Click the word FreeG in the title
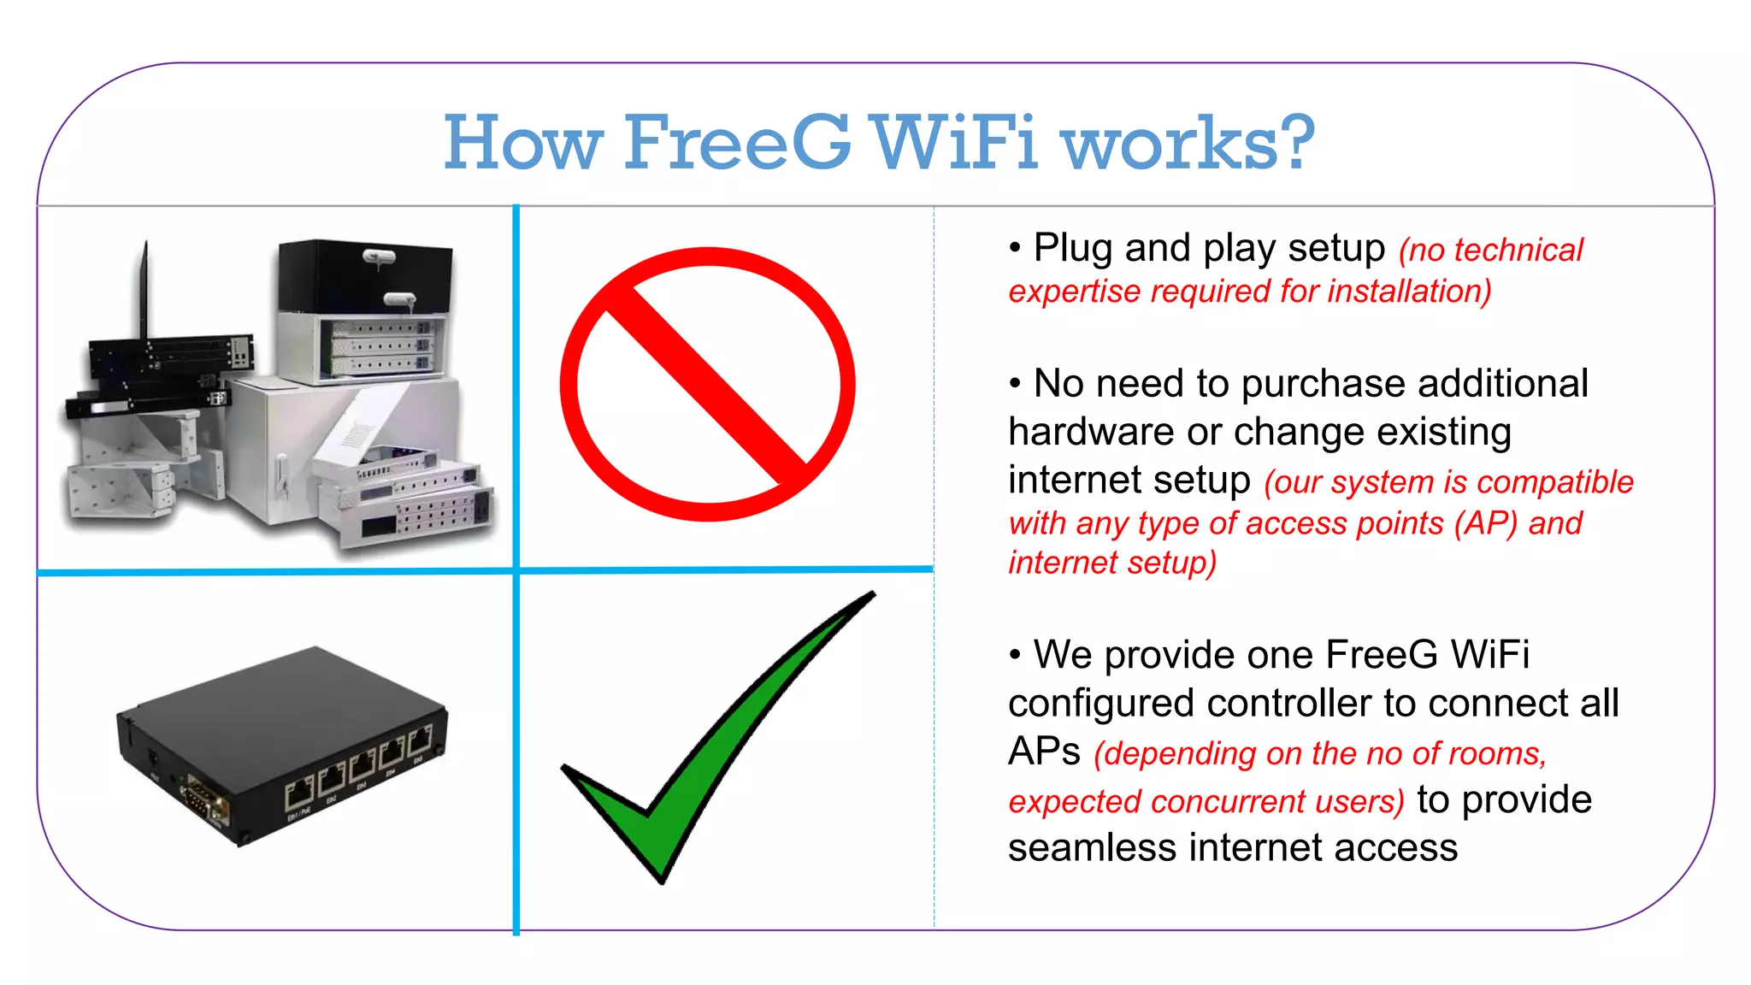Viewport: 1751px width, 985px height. tap(737, 142)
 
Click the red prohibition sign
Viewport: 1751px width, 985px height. tap(708, 384)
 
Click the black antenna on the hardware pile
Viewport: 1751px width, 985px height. tap(144, 291)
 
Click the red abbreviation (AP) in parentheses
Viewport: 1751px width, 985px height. tap(1486, 523)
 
